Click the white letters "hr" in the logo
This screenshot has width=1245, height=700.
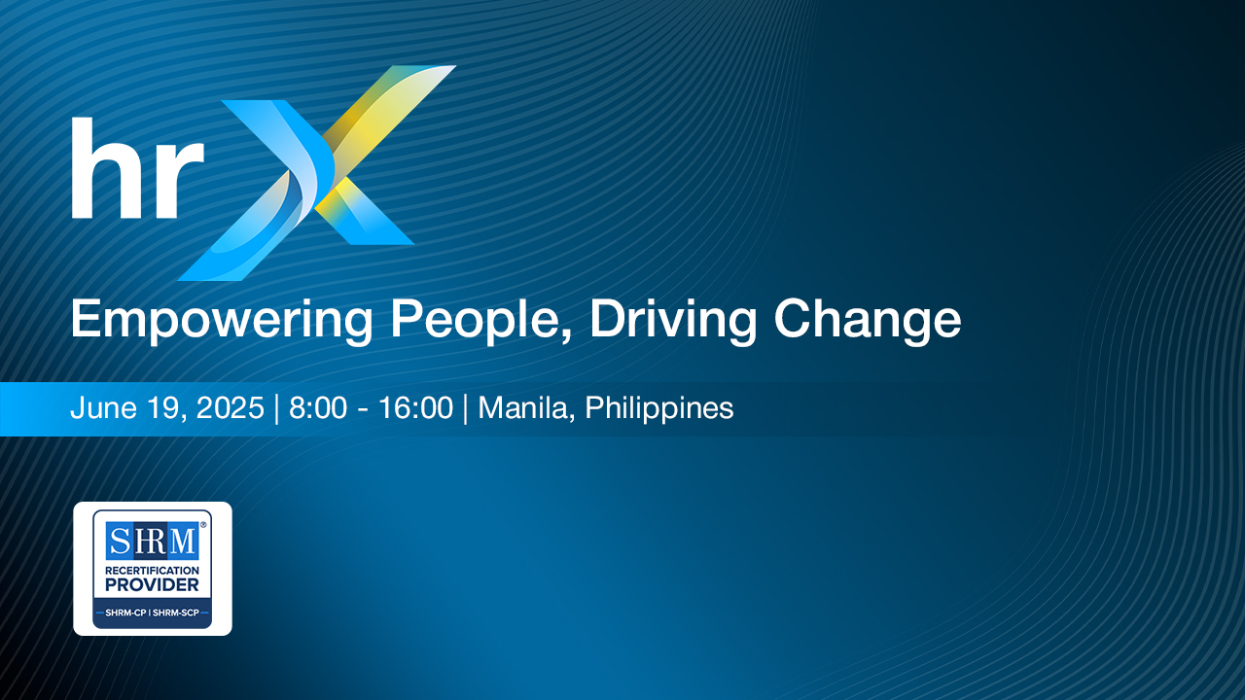point(138,168)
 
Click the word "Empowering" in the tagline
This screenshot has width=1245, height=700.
point(221,321)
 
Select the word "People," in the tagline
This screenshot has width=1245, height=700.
point(481,321)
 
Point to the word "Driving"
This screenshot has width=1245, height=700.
point(673,321)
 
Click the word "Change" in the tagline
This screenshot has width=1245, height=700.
point(868,321)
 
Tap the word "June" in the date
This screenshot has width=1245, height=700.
point(103,407)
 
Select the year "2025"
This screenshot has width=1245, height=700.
point(231,407)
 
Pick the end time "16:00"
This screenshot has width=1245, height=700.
point(415,407)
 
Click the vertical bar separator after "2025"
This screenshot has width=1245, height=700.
point(277,409)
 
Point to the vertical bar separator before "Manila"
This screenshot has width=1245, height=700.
point(466,409)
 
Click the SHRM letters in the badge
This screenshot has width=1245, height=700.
point(153,541)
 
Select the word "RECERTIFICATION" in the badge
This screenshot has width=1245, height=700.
point(153,571)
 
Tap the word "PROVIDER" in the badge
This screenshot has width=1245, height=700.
point(153,585)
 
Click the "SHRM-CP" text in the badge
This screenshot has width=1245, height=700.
point(125,612)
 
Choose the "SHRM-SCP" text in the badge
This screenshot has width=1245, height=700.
point(176,612)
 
